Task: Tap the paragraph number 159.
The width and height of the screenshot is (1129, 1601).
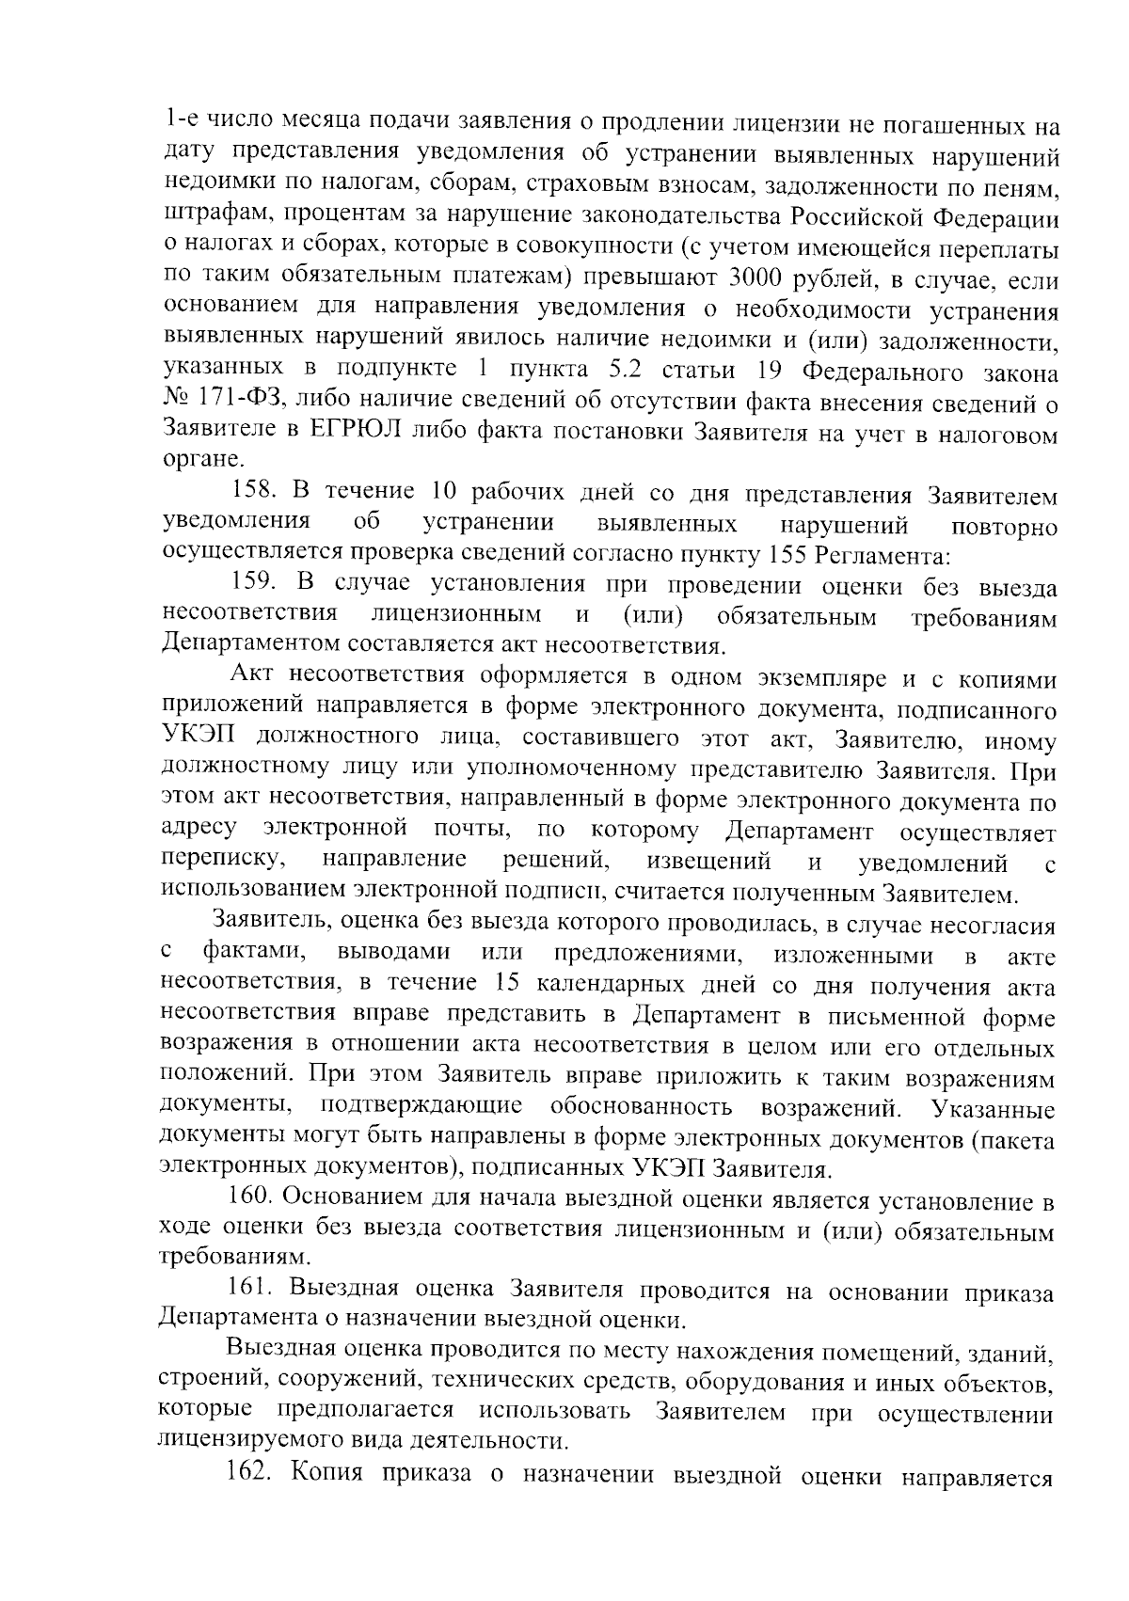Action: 254,584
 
